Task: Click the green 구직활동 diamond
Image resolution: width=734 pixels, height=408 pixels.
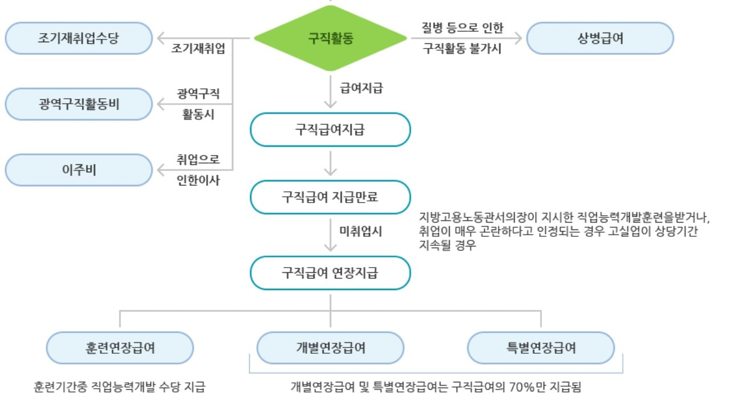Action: (331, 39)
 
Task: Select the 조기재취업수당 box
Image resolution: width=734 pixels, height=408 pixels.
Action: (79, 39)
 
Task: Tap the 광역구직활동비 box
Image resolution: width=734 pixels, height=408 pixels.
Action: (79, 104)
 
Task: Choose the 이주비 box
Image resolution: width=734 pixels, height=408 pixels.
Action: (79, 170)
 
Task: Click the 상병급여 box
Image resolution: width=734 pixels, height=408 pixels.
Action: (600, 39)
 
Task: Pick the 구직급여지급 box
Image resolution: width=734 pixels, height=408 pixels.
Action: (331, 130)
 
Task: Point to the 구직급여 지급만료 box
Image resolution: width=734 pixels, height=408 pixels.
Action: (331, 197)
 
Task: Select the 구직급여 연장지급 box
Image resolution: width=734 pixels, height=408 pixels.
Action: (331, 273)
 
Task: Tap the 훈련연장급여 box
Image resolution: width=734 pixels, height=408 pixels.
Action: (120, 348)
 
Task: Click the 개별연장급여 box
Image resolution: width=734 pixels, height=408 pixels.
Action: (331, 348)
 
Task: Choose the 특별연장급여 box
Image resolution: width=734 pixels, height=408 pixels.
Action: (541, 348)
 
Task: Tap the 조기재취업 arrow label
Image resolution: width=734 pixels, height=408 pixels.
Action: (198, 49)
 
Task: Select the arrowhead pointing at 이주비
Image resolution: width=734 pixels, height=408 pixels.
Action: (161, 170)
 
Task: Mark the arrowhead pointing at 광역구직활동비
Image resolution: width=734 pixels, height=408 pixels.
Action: (161, 104)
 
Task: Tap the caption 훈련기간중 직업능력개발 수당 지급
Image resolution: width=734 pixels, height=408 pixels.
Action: (119, 387)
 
